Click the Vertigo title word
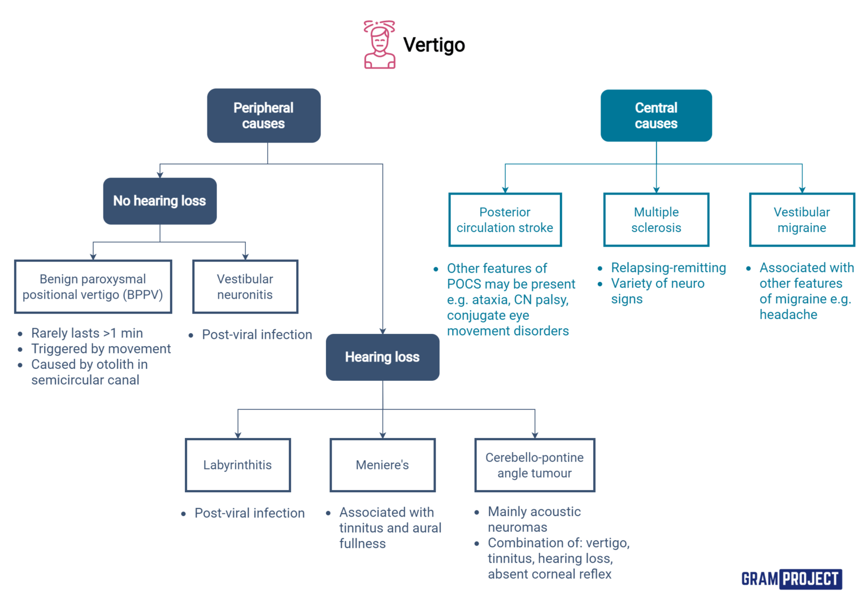point(433,45)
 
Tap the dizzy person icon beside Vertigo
point(379,45)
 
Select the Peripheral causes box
point(263,115)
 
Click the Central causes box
point(656,115)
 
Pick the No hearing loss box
point(159,201)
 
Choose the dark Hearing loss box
point(382,357)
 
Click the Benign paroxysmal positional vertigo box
point(93,287)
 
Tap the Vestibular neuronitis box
point(245,287)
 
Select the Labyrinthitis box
point(237,465)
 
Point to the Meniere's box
point(382,465)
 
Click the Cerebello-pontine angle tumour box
point(534,465)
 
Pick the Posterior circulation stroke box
point(505,220)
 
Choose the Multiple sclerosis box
point(656,220)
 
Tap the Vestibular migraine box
point(801,220)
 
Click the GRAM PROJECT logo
point(791,579)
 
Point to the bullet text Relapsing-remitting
point(668,268)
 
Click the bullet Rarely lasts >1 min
point(86,333)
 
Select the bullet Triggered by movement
point(101,349)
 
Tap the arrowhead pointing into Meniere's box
point(383,435)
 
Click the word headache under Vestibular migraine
point(788,315)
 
